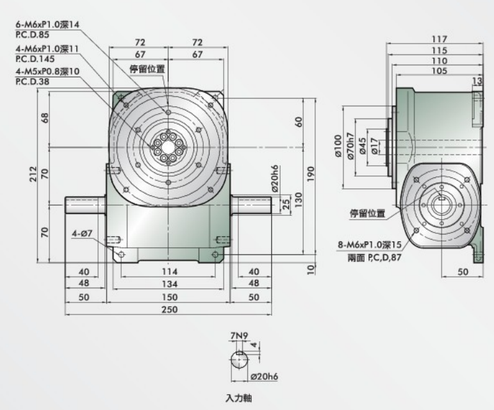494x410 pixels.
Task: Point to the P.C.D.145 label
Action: pos(33,59)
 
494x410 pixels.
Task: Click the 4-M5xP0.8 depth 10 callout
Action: pos(47,71)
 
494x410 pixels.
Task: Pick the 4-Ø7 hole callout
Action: pos(83,234)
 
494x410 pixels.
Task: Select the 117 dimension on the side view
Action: pos(440,39)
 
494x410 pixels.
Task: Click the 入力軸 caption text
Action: pos(240,398)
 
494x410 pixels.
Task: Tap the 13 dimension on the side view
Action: pos(477,81)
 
